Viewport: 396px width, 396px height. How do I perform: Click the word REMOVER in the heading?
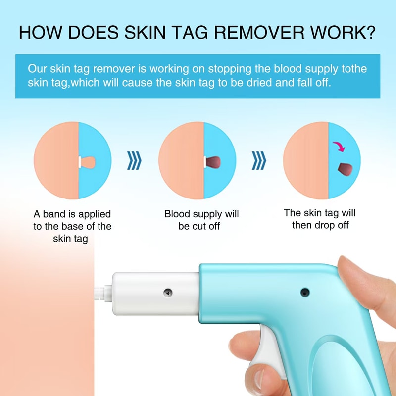pyautogui.click(x=260, y=33)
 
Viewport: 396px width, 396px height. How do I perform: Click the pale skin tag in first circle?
pyautogui.click(x=87, y=161)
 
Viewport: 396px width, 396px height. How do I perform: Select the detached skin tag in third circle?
pyautogui.click(x=343, y=169)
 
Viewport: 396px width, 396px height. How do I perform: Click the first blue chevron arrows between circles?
pyautogui.click(x=135, y=161)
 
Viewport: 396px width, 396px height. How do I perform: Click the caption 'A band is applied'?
pyautogui.click(x=72, y=215)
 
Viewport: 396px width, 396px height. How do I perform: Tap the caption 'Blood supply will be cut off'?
pyautogui.click(x=201, y=220)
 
